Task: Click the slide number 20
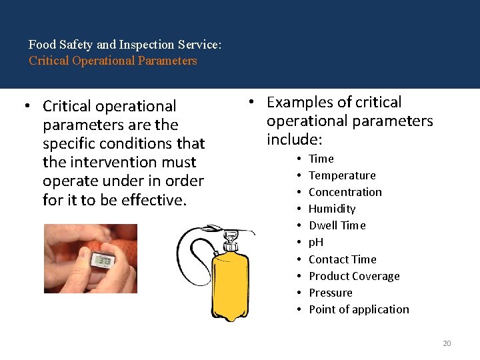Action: point(447,343)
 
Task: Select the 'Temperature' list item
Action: point(342,175)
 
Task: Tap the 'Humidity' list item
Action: point(332,209)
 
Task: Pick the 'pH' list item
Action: point(316,242)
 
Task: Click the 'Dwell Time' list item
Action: point(337,225)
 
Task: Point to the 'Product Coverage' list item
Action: point(354,276)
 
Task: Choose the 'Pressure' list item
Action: point(331,293)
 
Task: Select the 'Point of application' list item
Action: point(359,309)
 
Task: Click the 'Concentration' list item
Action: point(345,192)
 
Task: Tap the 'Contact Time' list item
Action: point(343,259)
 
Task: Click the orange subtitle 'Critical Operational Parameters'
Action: point(113,61)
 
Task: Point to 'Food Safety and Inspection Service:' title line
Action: point(125,45)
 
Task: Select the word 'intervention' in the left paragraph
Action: point(105,162)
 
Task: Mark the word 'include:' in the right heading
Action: point(294,139)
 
